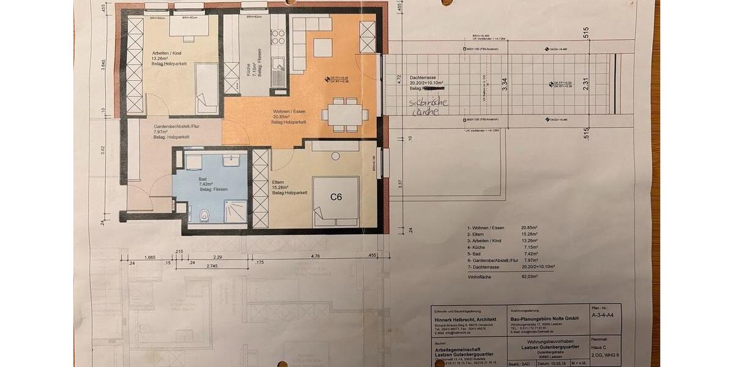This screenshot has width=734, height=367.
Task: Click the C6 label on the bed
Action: pyautogui.click(x=336, y=197)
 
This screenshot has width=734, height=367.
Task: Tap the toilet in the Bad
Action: pyautogui.click(x=205, y=215)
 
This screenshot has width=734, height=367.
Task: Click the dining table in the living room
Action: pyautogui.click(x=344, y=114)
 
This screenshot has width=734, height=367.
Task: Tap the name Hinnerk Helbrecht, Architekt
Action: pyautogui.click(x=461, y=319)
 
